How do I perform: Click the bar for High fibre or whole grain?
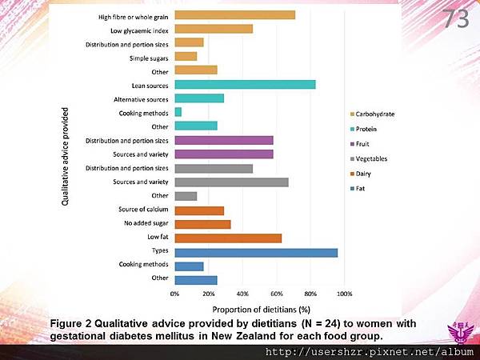pyautogui.click(x=234, y=14)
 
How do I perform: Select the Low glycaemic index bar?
pyautogui.click(x=214, y=29)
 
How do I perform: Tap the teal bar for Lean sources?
pyautogui.click(x=245, y=84)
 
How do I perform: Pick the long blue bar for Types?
pyautogui.click(x=256, y=252)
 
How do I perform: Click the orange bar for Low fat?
pyautogui.click(x=228, y=238)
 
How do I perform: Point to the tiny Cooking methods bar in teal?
pyautogui.click(x=178, y=112)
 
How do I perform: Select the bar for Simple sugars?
pyautogui.click(x=186, y=57)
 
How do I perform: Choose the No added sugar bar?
pyautogui.click(x=202, y=224)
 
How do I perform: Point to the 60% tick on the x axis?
pyautogui.click(x=277, y=294)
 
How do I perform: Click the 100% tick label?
pyautogui.click(x=344, y=294)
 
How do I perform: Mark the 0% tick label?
pyautogui.click(x=175, y=294)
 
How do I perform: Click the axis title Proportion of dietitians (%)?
pyautogui.click(x=260, y=308)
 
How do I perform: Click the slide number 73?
pyautogui.click(x=456, y=20)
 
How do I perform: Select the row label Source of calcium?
pyautogui.click(x=147, y=210)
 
